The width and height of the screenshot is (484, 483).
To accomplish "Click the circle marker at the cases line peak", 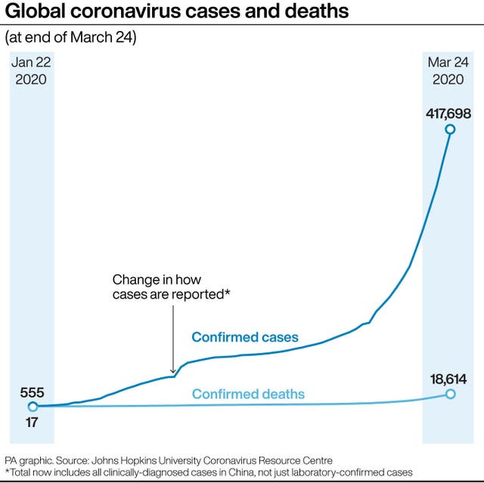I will click(x=450, y=129).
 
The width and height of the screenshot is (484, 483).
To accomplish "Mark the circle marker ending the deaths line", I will click(x=451, y=394).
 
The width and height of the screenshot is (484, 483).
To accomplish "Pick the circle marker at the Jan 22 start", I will click(x=33, y=407).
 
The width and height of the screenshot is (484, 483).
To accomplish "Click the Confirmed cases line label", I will click(x=245, y=337).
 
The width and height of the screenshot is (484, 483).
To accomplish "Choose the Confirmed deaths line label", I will click(x=248, y=394).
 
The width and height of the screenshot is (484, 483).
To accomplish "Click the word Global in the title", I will click(x=34, y=12).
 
